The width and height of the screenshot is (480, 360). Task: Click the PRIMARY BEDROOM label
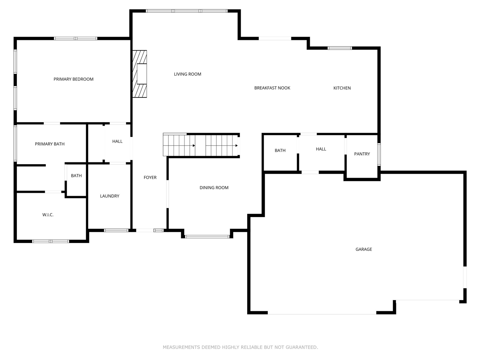point(73,79)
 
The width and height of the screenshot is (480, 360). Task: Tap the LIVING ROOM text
point(187,74)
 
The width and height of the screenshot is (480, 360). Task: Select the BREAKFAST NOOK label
point(272,88)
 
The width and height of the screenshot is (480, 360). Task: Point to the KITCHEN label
point(342,88)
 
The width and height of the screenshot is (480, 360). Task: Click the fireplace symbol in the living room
point(139,74)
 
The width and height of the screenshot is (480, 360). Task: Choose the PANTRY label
point(362,154)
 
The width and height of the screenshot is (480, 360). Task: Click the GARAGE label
point(363,249)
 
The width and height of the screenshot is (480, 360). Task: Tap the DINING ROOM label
point(214,188)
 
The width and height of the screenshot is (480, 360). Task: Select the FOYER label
point(150,178)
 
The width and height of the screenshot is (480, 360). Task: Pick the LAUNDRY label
point(109,196)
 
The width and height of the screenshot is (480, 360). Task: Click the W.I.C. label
point(48,215)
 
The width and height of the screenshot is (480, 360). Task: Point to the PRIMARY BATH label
point(49,144)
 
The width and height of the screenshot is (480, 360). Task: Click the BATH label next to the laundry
point(76,176)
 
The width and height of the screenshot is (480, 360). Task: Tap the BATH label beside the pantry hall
point(280,151)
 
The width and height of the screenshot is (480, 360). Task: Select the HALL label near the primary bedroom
point(117,141)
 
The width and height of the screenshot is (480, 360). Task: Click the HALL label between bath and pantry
point(321,149)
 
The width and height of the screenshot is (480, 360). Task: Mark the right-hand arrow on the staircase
point(236,145)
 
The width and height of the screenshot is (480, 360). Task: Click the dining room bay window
point(207,237)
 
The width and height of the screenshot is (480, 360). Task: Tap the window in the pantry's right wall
point(379,154)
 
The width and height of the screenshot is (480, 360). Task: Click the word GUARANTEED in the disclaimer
point(301,347)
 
